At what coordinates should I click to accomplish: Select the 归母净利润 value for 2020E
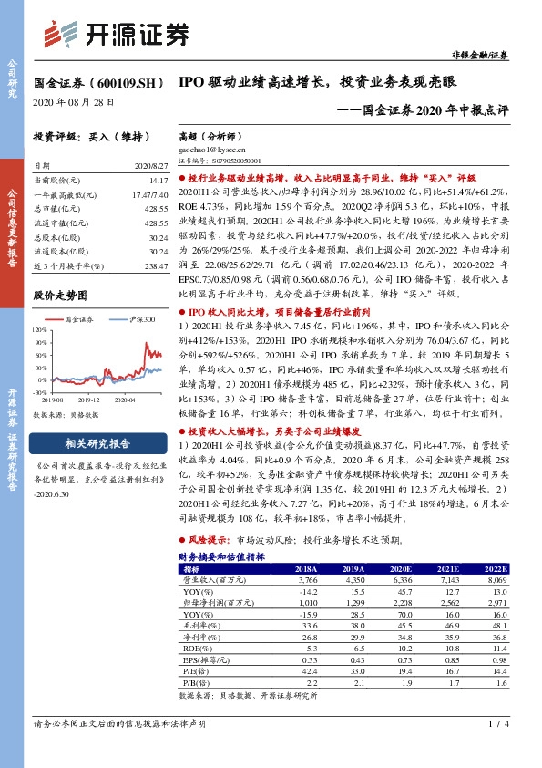tap(404, 603)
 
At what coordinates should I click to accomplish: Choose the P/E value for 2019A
tap(344, 670)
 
